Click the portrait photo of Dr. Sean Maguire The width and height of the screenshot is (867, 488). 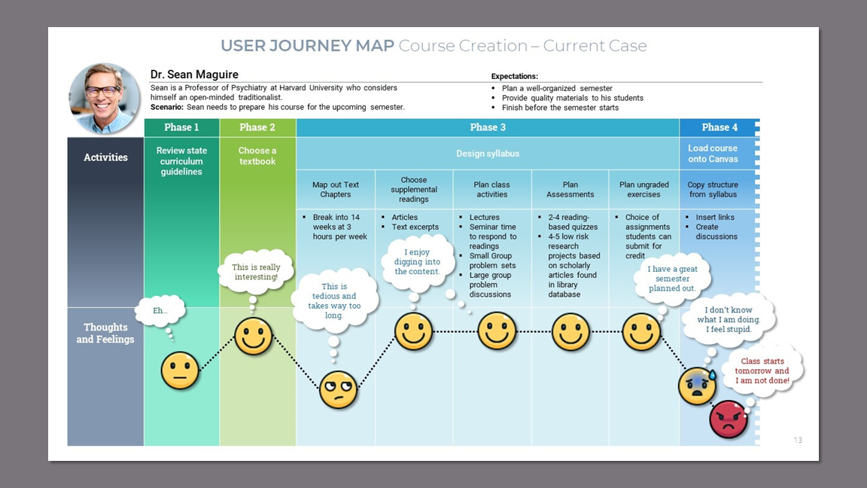click(105, 98)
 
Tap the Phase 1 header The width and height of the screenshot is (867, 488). click(182, 127)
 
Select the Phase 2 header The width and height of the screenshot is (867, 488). click(257, 127)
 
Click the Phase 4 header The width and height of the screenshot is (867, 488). click(719, 127)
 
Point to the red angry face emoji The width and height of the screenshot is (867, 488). click(728, 419)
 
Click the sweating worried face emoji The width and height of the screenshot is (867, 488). click(697, 386)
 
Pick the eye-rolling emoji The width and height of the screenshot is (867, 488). click(338, 389)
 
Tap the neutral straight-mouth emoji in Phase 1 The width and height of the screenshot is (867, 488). click(180, 371)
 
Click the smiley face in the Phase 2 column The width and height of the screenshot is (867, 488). click(254, 337)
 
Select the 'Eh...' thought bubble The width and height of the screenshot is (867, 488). click(160, 310)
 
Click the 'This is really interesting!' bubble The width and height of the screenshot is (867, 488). click(256, 272)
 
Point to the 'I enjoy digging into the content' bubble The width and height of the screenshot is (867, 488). click(417, 262)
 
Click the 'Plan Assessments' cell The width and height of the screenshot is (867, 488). click(570, 189)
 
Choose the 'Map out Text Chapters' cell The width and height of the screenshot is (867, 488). click(336, 189)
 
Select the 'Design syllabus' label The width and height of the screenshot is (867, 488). click(488, 154)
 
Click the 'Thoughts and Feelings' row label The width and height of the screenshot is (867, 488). click(105, 333)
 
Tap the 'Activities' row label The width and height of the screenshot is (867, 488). click(105, 157)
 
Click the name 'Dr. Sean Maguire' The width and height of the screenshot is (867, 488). click(194, 75)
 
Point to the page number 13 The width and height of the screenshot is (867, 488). click(798, 440)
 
